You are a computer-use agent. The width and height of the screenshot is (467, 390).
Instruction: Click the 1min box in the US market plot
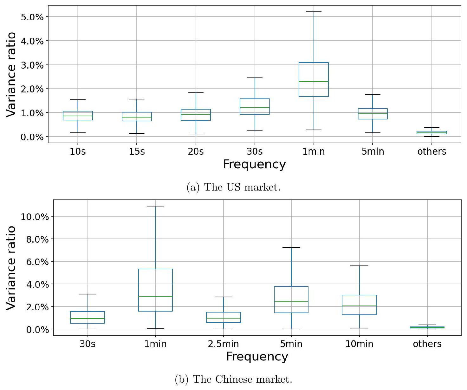(314, 79)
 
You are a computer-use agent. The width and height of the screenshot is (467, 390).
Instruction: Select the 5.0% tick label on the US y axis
(32, 17)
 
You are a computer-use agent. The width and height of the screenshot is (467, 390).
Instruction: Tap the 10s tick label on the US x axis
(78, 151)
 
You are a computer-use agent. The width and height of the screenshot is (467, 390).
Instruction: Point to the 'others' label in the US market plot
(431, 151)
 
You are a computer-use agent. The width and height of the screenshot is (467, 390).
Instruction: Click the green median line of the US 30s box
(255, 107)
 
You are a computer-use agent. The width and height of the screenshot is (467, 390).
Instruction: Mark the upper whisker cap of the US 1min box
(314, 12)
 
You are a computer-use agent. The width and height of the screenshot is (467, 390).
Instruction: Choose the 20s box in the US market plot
(196, 115)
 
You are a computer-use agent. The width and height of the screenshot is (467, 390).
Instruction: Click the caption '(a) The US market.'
(233, 187)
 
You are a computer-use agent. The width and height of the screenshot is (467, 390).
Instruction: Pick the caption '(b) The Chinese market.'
(233, 379)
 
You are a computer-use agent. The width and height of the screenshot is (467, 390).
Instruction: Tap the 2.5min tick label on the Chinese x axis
(223, 344)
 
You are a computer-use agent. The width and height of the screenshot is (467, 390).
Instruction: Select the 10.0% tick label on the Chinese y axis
(35, 217)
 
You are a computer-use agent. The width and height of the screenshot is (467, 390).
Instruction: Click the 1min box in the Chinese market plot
(155, 290)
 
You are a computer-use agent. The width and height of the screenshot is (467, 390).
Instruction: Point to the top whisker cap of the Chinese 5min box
(291, 247)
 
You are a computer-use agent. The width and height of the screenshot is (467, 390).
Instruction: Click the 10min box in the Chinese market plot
(359, 305)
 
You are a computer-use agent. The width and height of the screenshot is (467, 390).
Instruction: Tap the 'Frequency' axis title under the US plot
(254, 165)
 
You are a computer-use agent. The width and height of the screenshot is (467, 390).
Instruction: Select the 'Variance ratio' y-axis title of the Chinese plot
(11, 267)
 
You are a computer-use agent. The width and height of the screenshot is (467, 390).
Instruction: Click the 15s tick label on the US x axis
(137, 151)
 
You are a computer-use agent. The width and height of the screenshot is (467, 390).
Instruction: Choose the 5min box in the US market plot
(373, 114)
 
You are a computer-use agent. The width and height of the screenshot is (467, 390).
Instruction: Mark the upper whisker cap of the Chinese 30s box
(88, 294)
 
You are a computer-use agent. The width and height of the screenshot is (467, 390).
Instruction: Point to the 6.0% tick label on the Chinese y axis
(37, 262)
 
